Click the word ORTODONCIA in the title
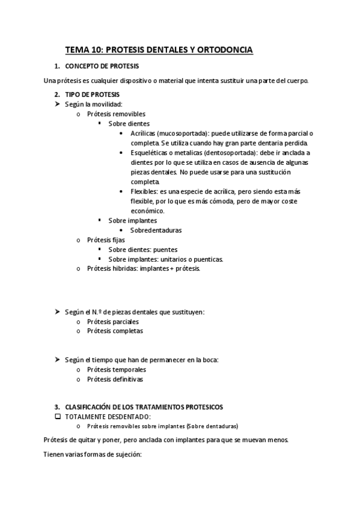tap(224, 50)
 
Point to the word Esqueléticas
tap(149, 153)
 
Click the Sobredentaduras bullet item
tap(156, 230)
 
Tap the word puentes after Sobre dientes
tap(165, 250)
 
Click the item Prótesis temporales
tap(116, 369)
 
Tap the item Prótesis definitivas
tap(115, 379)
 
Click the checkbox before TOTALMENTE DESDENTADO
tap(58, 417)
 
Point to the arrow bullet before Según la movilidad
tap(58, 105)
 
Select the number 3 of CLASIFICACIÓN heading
tap(56, 407)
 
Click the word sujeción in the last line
tap(127, 455)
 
